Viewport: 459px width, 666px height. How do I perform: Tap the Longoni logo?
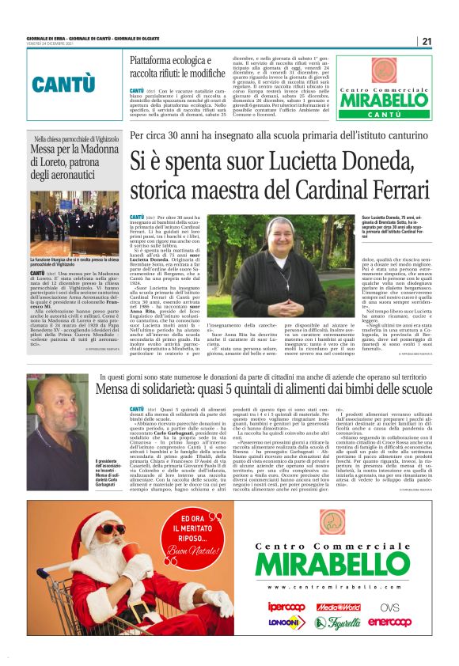286,622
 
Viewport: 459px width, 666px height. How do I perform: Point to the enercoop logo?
389,622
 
